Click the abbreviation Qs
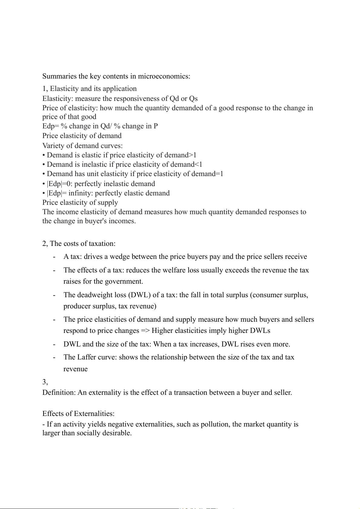193,98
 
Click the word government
123,282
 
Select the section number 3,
45,382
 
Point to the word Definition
59,393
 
